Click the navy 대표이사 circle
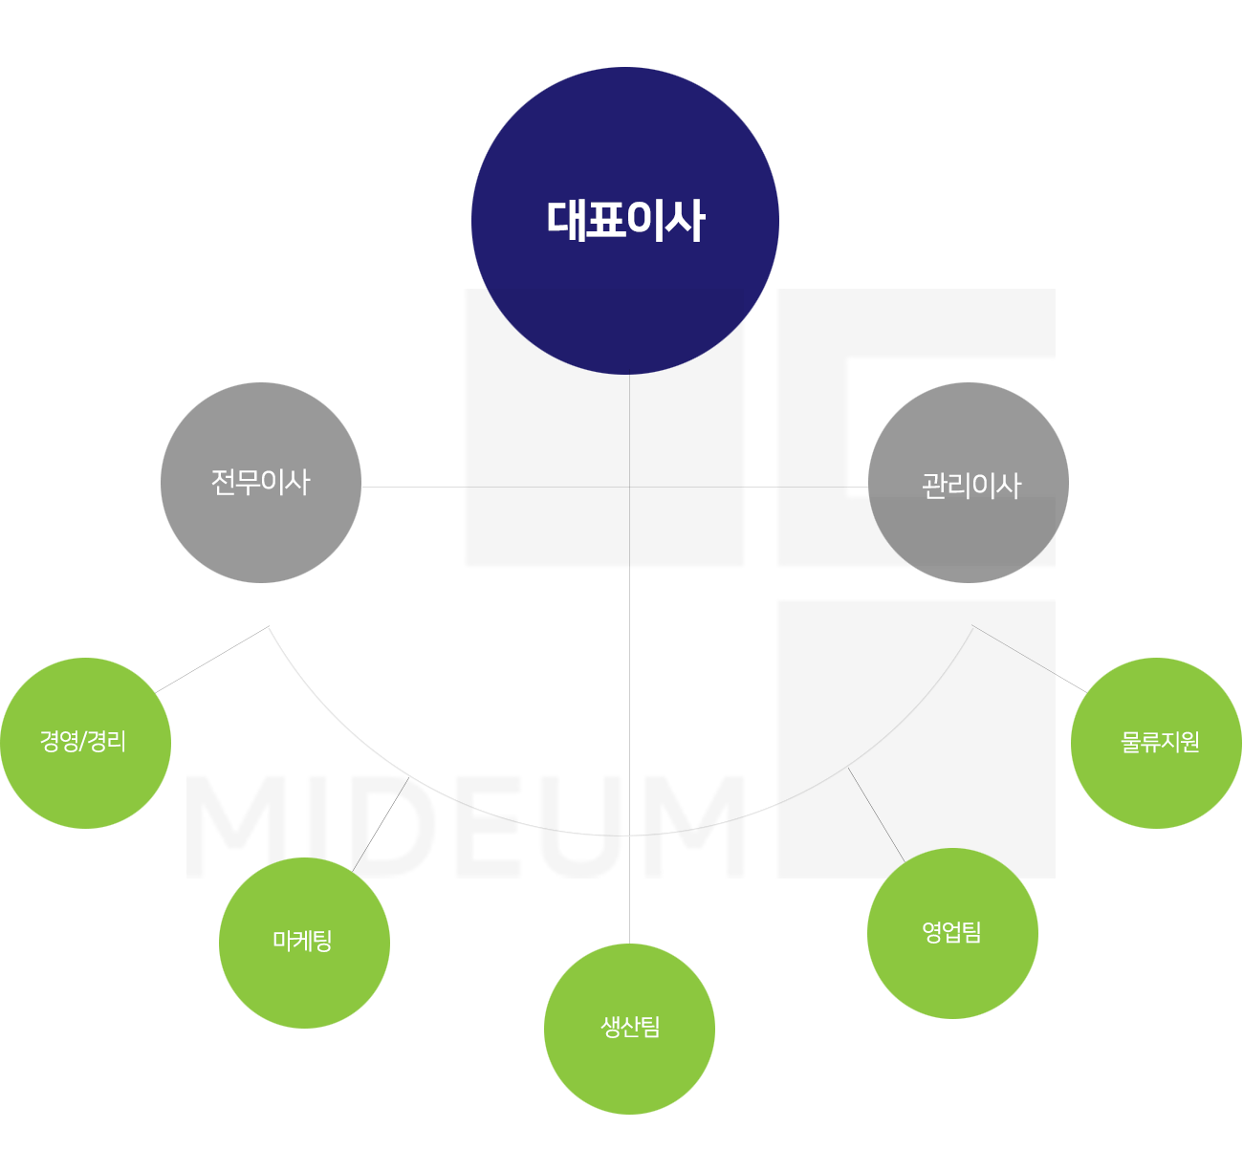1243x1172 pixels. tap(625, 221)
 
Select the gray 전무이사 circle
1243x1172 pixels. tap(261, 483)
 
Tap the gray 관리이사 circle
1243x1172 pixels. tap(969, 483)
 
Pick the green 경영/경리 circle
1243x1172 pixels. tap(86, 743)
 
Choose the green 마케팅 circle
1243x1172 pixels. tap(305, 943)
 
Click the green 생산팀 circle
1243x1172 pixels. tap(630, 1030)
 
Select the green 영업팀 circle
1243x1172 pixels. tap(953, 933)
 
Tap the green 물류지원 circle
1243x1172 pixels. tap(1157, 743)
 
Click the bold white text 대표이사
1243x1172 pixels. tap(626, 221)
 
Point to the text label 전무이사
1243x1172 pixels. tap(261, 482)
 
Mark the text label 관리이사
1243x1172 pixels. tap(971, 486)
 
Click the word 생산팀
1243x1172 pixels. tap(630, 1027)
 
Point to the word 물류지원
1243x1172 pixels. tap(1160, 742)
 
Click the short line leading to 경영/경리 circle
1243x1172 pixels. tap(212, 660)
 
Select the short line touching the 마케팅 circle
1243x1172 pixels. tap(381, 825)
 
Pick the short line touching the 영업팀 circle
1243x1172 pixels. tap(876, 815)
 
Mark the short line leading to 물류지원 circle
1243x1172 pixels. tap(1030, 659)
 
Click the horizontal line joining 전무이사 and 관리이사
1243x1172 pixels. tap(615, 488)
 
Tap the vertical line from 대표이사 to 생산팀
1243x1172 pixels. tap(630, 660)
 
